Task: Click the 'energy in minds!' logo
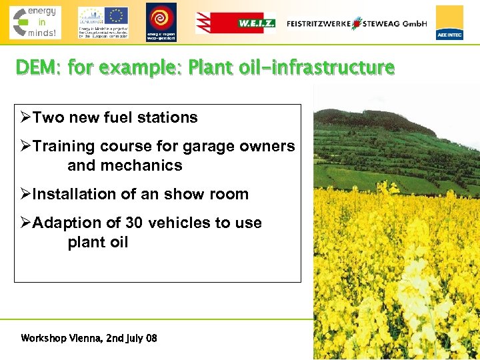[x=35, y=22]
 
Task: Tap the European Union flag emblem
[x=116, y=15]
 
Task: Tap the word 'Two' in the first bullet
[x=49, y=118]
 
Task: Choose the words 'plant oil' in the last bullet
[x=97, y=242]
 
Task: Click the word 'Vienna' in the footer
[x=87, y=338]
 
